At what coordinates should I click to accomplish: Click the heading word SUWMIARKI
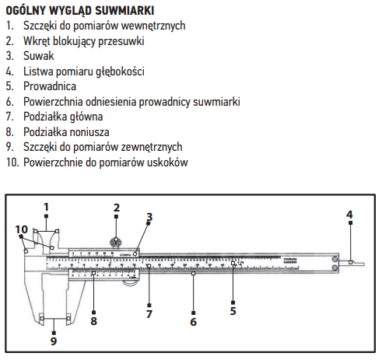pyautogui.click(x=124, y=11)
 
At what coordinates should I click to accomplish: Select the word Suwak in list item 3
pyautogui.click(x=39, y=56)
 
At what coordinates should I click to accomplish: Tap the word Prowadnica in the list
pyautogui.click(x=50, y=86)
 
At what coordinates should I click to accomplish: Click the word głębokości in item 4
pyautogui.click(x=120, y=72)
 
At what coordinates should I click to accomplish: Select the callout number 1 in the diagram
pyautogui.click(x=46, y=207)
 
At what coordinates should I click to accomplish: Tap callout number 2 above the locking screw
pyautogui.click(x=117, y=208)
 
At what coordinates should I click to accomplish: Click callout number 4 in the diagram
pyautogui.click(x=349, y=215)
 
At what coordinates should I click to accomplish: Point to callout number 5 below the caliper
pyautogui.click(x=233, y=311)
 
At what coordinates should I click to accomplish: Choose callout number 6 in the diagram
pyautogui.click(x=193, y=322)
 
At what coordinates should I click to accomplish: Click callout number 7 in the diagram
pyautogui.click(x=149, y=314)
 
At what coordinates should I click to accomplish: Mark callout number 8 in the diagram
pyautogui.click(x=93, y=321)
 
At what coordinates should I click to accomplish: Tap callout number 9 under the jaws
pyautogui.click(x=54, y=341)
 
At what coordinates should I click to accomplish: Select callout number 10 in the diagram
pyautogui.click(x=21, y=229)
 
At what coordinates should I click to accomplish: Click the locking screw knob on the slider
pyautogui.click(x=116, y=243)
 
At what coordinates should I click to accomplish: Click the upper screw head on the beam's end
pyautogui.click(x=335, y=259)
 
